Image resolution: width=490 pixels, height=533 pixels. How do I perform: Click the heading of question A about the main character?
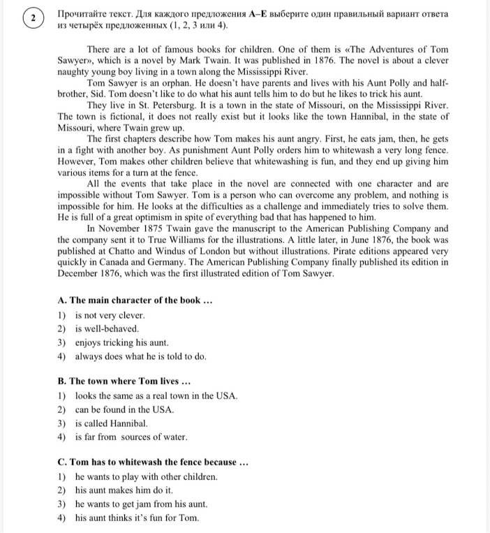(x=135, y=300)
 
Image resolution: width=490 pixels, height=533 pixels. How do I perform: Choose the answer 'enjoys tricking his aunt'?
(x=123, y=342)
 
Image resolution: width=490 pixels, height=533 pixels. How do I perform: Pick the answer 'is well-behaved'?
(x=107, y=328)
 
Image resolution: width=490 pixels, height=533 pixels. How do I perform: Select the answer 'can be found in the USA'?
(x=125, y=409)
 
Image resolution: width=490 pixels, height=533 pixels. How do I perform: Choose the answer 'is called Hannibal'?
(x=112, y=423)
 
